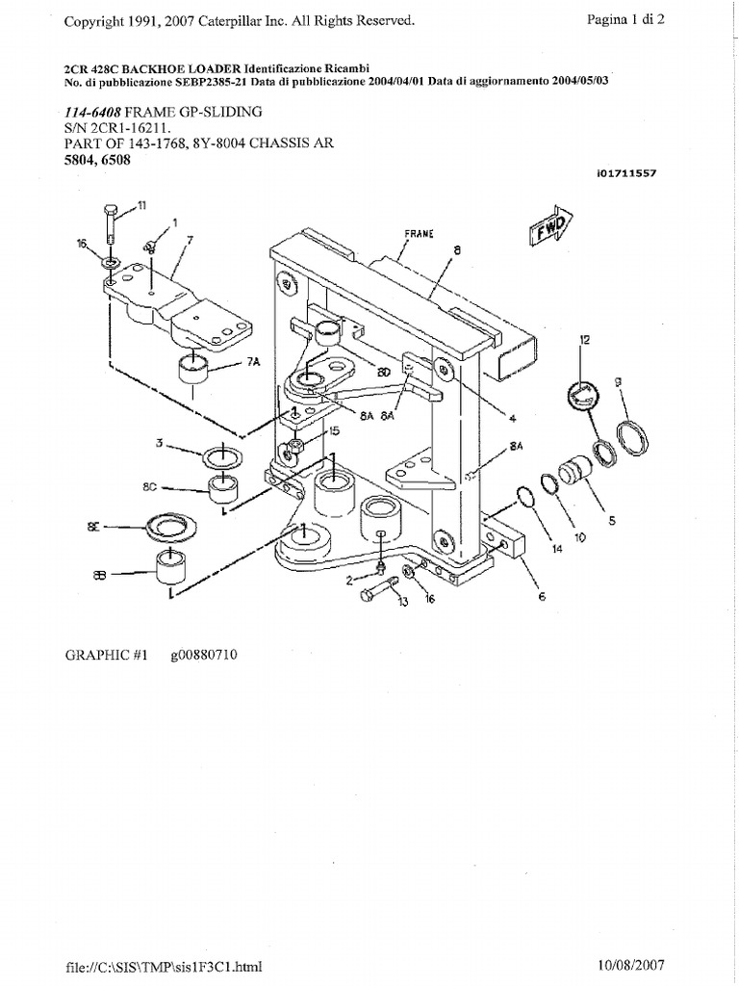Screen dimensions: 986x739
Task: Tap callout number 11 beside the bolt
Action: (142, 204)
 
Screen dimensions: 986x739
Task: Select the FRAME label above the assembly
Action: (418, 234)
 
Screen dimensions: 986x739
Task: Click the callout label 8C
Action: (149, 487)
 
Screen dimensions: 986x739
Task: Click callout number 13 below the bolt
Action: (402, 602)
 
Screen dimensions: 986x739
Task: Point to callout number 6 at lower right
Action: (542, 596)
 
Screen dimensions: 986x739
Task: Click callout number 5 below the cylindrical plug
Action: (610, 521)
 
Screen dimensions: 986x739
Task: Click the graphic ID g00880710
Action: (205, 656)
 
